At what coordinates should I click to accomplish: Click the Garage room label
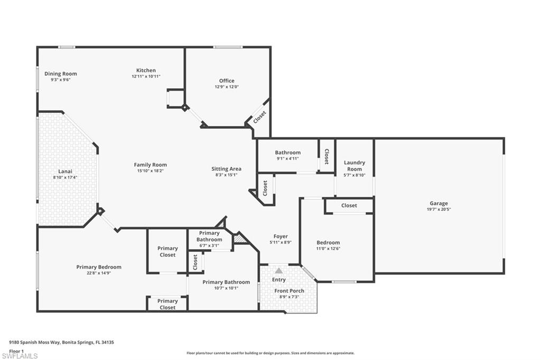(x=439, y=203)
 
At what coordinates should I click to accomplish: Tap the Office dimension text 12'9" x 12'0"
(x=227, y=87)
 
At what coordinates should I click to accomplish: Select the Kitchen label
(x=146, y=70)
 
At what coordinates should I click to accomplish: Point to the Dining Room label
(x=61, y=74)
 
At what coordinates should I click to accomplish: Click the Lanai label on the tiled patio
(x=65, y=171)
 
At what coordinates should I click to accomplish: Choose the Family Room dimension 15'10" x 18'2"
(x=150, y=171)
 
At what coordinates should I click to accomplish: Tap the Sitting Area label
(x=227, y=169)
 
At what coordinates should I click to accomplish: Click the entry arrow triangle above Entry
(x=278, y=271)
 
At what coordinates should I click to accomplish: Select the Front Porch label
(x=289, y=291)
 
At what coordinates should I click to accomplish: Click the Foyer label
(x=281, y=236)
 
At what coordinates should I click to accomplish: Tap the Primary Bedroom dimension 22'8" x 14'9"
(x=99, y=273)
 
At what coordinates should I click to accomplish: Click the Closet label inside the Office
(x=259, y=117)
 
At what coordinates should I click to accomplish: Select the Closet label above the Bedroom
(x=349, y=205)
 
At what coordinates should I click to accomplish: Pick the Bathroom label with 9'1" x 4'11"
(x=287, y=153)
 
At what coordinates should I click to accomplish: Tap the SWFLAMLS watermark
(x=20, y=356)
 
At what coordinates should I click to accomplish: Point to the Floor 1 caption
(x=17, y=350)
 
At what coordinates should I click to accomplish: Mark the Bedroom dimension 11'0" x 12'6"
(x=328, y=249)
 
